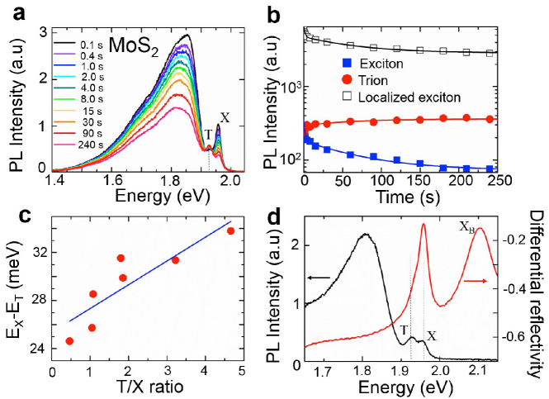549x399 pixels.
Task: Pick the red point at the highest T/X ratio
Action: point(230,230)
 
